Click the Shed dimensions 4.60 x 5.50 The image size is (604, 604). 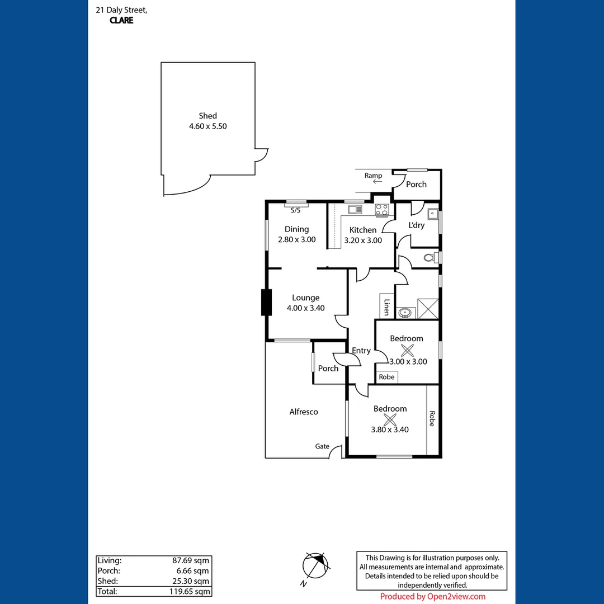tap(207, 126)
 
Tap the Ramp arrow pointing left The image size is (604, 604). tap(377, 182)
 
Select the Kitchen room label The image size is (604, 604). tap(363, 230)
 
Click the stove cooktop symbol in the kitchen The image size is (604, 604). tap(382, 210)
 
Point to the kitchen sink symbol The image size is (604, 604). tap(355, 210)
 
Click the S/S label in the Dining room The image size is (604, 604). tap(295, 210)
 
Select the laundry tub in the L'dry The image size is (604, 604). tap(432, 214)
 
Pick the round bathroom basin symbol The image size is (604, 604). tap(404, 312)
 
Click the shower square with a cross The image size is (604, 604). tap(428, 308)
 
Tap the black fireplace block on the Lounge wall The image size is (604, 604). tap(266, 303)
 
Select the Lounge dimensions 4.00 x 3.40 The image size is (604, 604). tap(305, 308)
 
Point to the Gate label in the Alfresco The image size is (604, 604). tap(322, 446)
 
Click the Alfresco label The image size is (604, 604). tap(304, 412)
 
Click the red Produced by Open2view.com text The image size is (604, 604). tap(433, 597)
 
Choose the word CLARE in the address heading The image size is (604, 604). tap(122, 21)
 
